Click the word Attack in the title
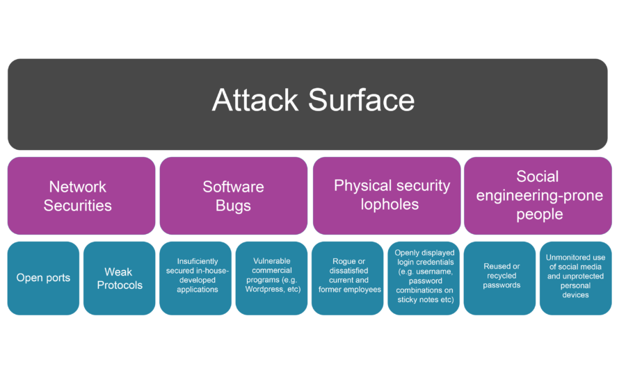(x=255, y=101)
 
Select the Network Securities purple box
(x=81, y=196)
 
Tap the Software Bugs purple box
(x=233, y=196)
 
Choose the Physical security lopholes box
(x=387, y=196)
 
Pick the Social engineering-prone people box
(x=538, y=196)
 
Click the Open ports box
(x=43, y=278)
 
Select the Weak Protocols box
(x=119, y=278)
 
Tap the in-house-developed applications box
(x=195, y=278)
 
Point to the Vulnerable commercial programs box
(x=271, y=278)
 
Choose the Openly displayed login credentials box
(x=424, y=278)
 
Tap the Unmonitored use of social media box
(x=575, y=278)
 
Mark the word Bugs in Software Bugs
(x=233, y=206)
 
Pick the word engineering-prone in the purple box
(x=539, y=195)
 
